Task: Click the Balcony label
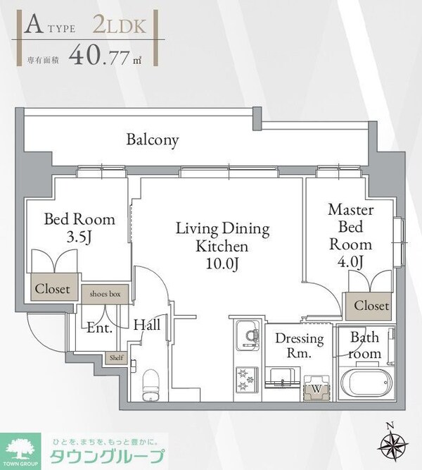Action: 153,140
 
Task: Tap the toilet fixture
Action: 150,385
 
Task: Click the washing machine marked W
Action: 316,388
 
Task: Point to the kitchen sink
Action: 248,335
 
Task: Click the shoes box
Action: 105,294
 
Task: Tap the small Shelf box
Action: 116,358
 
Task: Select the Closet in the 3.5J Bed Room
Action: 53,289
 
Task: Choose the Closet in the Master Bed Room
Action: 371,306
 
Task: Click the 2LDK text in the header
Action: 120,26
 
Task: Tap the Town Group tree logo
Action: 20,452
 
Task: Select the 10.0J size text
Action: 222,264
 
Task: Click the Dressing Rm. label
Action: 300,345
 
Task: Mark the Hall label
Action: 147,325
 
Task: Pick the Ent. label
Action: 99,328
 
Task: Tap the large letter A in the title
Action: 34,25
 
